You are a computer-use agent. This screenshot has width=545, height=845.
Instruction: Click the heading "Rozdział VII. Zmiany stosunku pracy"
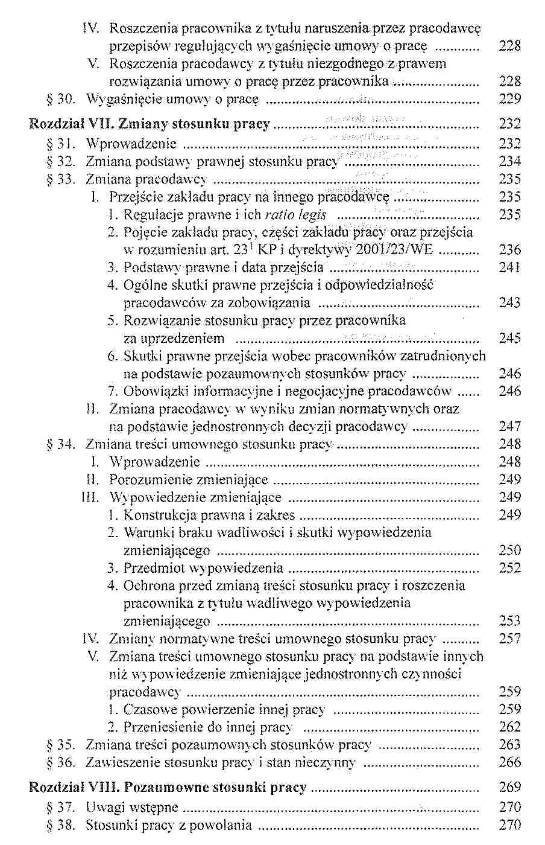(x=150, y=124)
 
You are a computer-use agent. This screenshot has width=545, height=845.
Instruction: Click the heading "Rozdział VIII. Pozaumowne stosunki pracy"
(x=168, y=788)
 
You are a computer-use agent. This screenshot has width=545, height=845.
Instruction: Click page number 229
(x=509, y=99)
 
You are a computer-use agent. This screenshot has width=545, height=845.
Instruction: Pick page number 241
(x=509, y=267)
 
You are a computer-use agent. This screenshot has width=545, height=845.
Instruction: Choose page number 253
(x=509, y=621)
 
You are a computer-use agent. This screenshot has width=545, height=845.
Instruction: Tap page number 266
(x=509, y=762)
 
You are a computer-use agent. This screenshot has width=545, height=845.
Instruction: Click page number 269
(x=509, y=788)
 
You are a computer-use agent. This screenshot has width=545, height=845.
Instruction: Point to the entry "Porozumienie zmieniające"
(x=188, y=480)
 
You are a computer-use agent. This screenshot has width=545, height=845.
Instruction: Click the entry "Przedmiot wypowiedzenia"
(x=203, y=568)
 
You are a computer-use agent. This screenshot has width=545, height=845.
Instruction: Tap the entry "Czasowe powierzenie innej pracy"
(x=224, y=710)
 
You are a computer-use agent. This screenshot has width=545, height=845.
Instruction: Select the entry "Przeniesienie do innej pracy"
(x=208, y=727)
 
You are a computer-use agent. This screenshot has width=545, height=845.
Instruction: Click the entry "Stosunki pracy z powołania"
(x=168, y=825)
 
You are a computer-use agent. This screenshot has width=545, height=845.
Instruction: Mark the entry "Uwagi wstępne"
(x=132, y=808)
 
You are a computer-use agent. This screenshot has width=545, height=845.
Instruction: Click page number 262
(x=509, y=727)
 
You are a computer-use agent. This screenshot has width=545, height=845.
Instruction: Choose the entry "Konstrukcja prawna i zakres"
(x=209, y=515)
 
